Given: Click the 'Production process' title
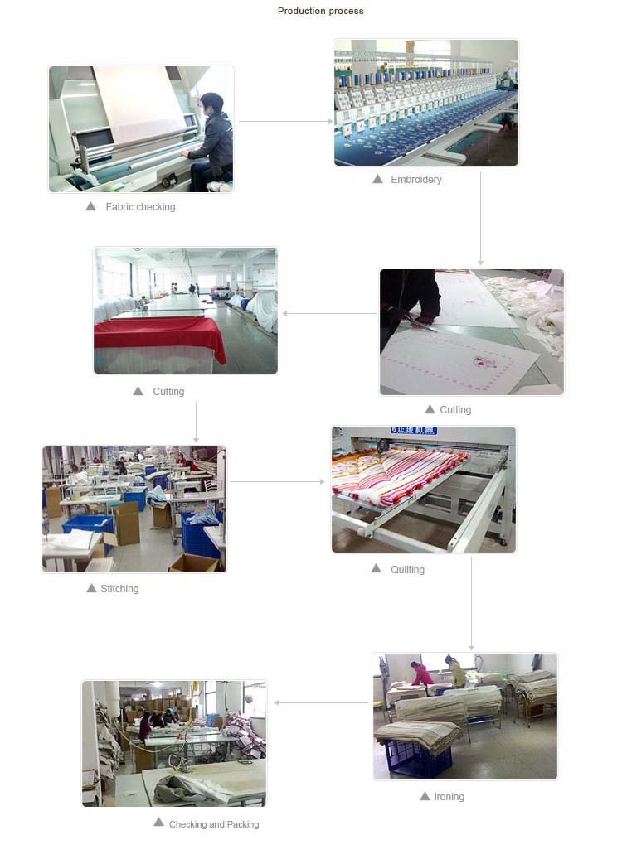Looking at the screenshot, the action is coord(320,11).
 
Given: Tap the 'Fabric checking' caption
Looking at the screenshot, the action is coord(140,206).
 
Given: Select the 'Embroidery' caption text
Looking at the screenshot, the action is coord(416,179).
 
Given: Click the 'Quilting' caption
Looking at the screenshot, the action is coord(407,569).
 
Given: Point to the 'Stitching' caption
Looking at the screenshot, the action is coord(119,588).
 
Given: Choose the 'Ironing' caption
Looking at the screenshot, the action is coord(449,796).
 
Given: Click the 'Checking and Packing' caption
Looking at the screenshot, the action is coord(214,824).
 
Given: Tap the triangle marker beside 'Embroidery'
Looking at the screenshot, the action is coord(378,179).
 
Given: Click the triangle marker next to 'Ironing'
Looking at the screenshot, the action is coord(425,795).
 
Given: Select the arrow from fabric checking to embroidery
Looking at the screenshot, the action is coord(286,121).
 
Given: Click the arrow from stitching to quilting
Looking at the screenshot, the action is coord(278,481).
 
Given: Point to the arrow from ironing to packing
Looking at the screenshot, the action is coord(321,702).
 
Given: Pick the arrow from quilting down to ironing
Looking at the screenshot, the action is coord(471,604).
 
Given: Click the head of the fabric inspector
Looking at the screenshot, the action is coord(211,104).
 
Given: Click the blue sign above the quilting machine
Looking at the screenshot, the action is coord(414,430).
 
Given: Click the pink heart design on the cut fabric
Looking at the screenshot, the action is coord(484,362).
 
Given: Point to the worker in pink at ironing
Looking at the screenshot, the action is coord(422,673).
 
